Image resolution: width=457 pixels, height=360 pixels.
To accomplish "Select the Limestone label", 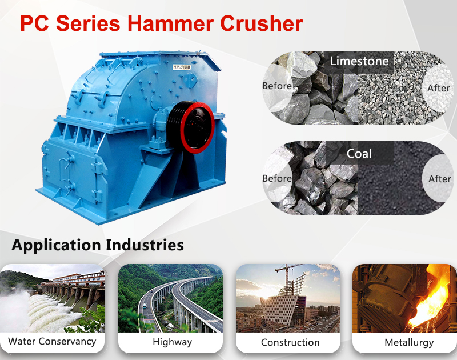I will coord(359,61).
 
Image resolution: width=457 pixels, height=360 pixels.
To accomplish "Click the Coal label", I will coord(359,153).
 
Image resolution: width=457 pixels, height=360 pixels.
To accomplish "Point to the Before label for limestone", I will coord(277,86).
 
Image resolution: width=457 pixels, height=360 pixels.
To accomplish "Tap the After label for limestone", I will coord(439,88).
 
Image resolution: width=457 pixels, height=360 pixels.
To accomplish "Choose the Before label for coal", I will coord(277,178).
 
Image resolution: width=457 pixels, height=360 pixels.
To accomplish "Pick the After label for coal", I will coord(439,179).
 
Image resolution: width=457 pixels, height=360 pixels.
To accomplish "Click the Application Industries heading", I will coord(98,245).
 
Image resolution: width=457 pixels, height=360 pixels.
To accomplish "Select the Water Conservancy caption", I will coord(52,342).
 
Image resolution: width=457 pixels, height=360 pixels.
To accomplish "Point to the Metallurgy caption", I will coord(410,343).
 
